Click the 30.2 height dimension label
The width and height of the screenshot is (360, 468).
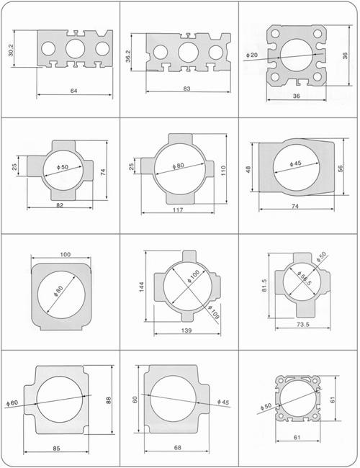11,50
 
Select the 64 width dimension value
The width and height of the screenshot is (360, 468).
73,91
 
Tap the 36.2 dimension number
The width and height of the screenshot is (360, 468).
128,56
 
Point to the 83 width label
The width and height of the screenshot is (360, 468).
187,89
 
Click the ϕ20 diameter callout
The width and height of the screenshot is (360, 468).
252,55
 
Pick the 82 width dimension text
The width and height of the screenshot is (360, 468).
60,205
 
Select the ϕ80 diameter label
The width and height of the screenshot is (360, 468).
179,166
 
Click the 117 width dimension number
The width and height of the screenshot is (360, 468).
178,210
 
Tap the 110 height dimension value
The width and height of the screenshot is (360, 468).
223,171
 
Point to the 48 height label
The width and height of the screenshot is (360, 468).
248,169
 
